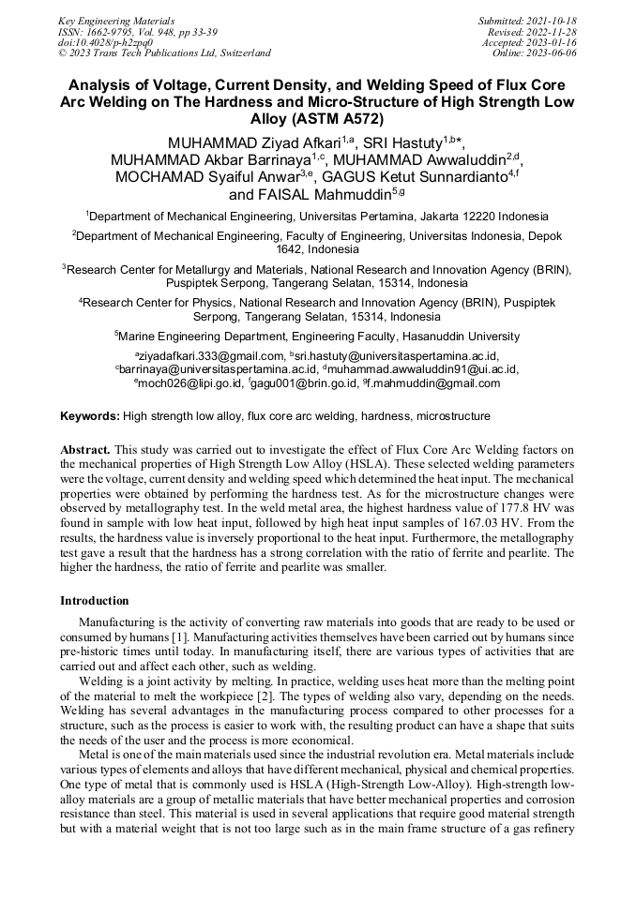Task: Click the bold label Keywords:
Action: point(90,415)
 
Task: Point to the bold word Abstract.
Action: point(85,448)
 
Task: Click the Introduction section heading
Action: point(95,601)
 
